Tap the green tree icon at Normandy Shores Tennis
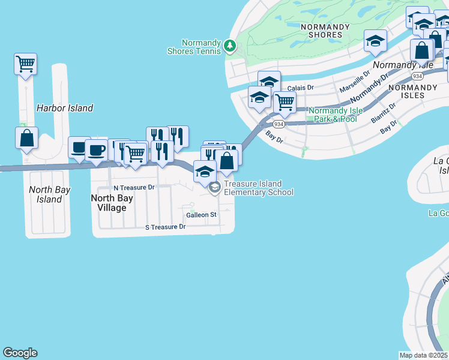point(229,46)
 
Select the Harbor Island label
point(65,108)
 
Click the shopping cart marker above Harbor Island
point(25,63)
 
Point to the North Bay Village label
point(109,202)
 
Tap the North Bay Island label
point(50,194)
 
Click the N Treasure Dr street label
point(134,188)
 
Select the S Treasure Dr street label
point(165,227)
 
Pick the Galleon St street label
point(201,214)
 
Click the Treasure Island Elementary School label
point(259,188)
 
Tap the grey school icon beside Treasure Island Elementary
point(214,188)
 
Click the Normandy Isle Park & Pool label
point(333,115)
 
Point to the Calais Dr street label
point(301,88)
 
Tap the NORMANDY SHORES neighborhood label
point(321,31)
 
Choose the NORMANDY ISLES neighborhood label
point(415,91)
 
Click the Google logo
point(20,353)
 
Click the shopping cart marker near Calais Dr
point(285,101)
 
